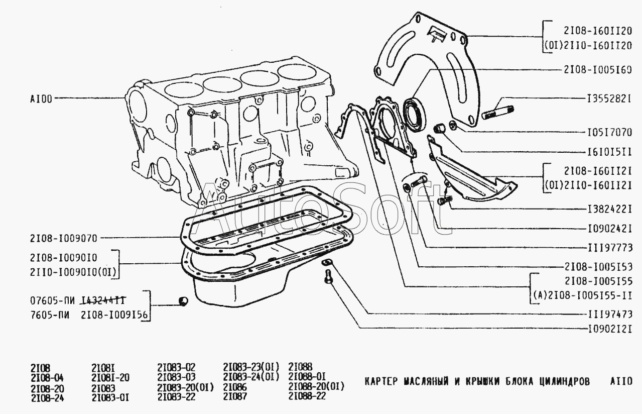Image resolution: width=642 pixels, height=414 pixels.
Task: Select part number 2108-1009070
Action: [x=63, y=238]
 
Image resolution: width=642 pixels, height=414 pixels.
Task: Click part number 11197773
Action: [x=608, y=247]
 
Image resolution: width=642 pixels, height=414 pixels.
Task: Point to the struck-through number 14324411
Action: [x=103, y=300]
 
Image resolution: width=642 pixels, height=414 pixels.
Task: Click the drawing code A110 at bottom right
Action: [x=618, y=381]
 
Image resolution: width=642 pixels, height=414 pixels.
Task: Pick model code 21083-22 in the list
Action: [x=176, y=397]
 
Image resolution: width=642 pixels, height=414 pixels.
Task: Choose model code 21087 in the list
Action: [x=234, y=397]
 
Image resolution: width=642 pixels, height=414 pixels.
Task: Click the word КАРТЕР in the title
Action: [x=381, y=381]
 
